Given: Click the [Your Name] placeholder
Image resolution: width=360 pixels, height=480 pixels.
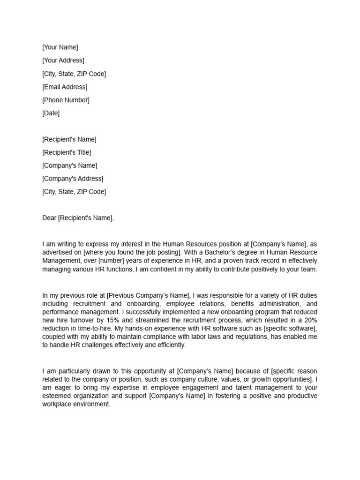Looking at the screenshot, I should [60, 47].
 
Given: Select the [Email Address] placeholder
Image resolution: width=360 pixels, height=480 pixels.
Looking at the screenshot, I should [65, 87].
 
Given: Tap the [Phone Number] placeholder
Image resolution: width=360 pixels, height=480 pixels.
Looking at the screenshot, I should [66, 100].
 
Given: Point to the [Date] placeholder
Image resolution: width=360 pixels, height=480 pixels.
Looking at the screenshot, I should [51, 113].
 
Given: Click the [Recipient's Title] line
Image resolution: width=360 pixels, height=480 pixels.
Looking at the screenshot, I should [67, 152].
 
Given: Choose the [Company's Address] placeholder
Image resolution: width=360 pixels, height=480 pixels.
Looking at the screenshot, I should [73, 179].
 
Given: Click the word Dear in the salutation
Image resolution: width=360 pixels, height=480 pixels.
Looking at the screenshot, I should [49, 218].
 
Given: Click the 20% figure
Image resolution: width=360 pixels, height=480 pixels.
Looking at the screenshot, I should [309, 321].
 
